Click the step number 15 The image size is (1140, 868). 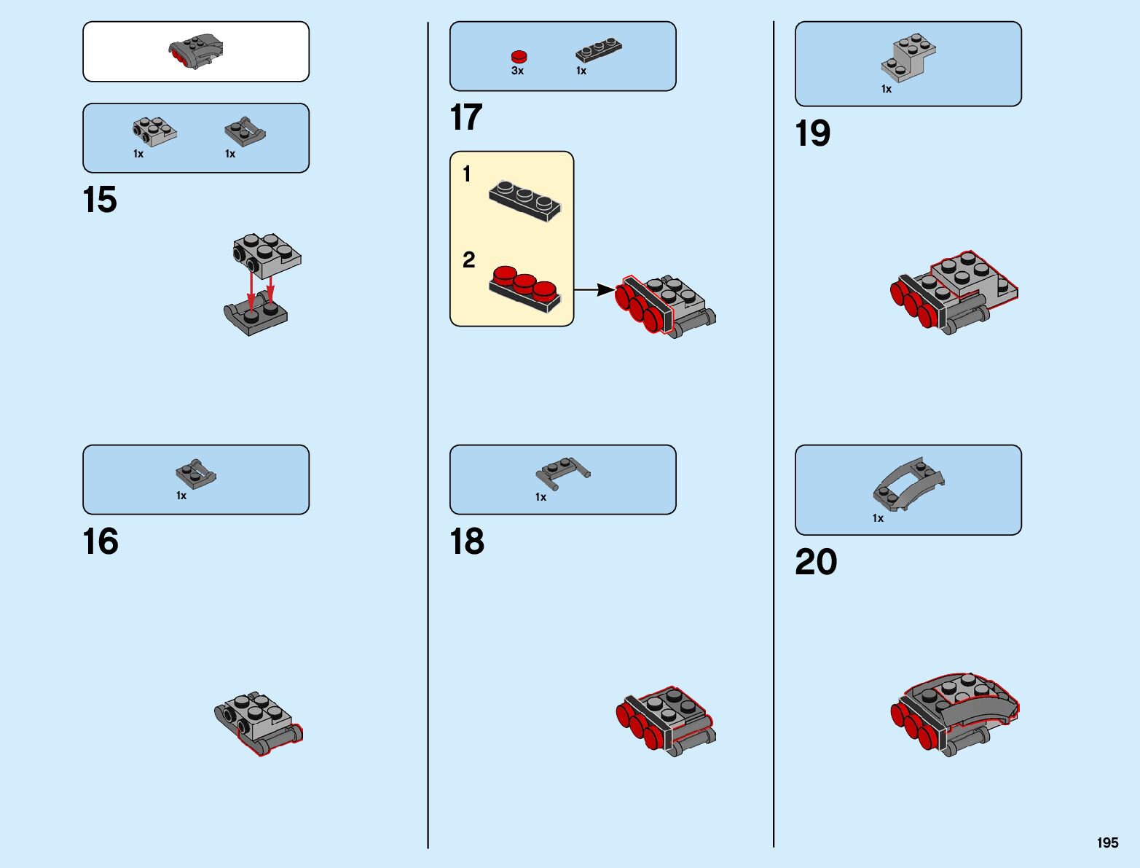coord(100,200)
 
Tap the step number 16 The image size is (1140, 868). coord(101,541)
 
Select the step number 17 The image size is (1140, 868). coord(466,117)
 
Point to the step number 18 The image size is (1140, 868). coord(467,541)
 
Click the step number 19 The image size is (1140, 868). coord(812,133)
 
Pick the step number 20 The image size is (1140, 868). coord(816,562)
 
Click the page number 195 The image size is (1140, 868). coord(1107,842)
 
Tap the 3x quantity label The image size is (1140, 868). coord(517,71)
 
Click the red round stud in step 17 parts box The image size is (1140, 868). coord(519,56)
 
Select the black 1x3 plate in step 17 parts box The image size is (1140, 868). coord(599,49)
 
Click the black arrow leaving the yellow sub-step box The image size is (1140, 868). coord(594,289)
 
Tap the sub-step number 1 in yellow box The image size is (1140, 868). coord(467,173)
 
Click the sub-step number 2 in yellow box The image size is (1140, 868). coord(468,259)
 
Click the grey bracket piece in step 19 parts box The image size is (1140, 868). coord(908,57)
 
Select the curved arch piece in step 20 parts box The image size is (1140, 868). coord(908,483)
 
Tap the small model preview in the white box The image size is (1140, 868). coord(196,51)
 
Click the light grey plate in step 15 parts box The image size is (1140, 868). coord(154,130)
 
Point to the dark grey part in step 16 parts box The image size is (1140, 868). coord(196,474)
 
